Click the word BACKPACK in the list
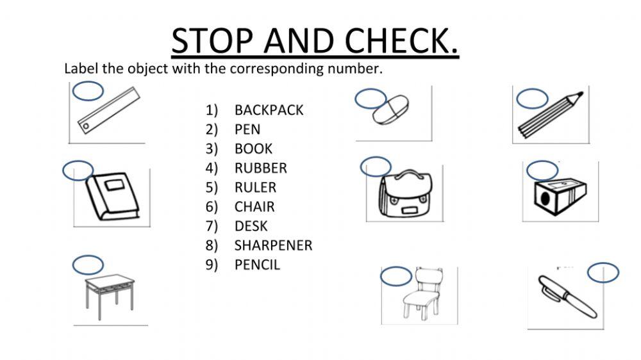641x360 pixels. (269, 110)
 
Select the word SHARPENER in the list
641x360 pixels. (273, 245)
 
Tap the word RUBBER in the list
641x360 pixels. (260, 168)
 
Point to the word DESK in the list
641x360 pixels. (251, 226)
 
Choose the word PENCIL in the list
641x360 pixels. (257, 265)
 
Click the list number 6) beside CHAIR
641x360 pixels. (212, 207)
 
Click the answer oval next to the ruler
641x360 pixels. (87, 91)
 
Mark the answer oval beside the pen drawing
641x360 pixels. (603, 272)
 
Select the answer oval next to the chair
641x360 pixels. (396, 277)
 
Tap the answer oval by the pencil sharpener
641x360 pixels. (542, 170)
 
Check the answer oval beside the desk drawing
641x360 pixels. (88, 265)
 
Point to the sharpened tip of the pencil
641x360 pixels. (579, 95)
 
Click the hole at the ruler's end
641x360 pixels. (85, 127)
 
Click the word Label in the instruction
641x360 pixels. (81, 69)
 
